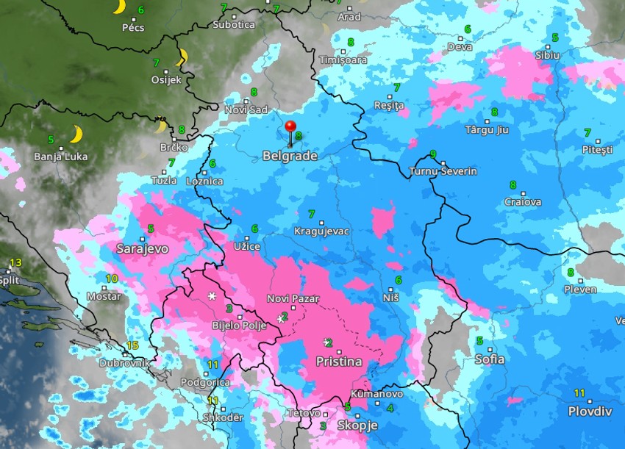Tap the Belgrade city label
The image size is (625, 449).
point(290,156)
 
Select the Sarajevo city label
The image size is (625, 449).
point(142,248)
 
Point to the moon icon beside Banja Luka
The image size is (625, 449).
point(75,134)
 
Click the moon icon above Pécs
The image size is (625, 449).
point(118,7)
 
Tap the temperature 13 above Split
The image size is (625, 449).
point(15,262)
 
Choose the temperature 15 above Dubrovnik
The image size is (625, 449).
point(132,345)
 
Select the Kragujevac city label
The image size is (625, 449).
point(321,231)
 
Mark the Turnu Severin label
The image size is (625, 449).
point(443,171)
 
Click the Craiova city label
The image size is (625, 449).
point(523,201)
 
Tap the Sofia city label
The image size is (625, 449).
point(490,359)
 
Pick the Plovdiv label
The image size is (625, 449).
point(590,411)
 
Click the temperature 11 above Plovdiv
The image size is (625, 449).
point(579,392)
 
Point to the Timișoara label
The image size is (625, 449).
point(343,60)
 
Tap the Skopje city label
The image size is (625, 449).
point(357,425)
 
